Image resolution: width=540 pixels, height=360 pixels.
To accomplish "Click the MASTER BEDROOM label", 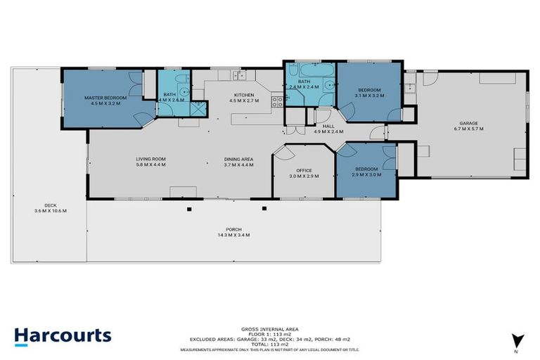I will pyautogui.click(x=105, y=98).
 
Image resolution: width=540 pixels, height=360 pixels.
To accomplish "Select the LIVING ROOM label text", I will pyautogui.click(x=150, y=160).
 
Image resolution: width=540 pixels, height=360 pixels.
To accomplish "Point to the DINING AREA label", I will pyautogui.click(x=238, y=160).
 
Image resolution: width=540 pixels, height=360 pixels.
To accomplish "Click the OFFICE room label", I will pyautogui.click(x=304, y=171).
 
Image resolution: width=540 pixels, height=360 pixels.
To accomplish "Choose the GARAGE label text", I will pyautogui.click(x=469, y=123).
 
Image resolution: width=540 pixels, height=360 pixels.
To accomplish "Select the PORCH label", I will pyautogui.click(x=233, y=229).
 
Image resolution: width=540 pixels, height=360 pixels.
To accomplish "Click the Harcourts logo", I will pyautogui.click(x=63, y=335).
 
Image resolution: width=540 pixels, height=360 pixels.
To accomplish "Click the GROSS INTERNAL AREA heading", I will pyautogui.click(x=269, y=328).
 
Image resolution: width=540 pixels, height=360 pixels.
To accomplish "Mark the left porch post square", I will pyautogui.click(x=188, y=209).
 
